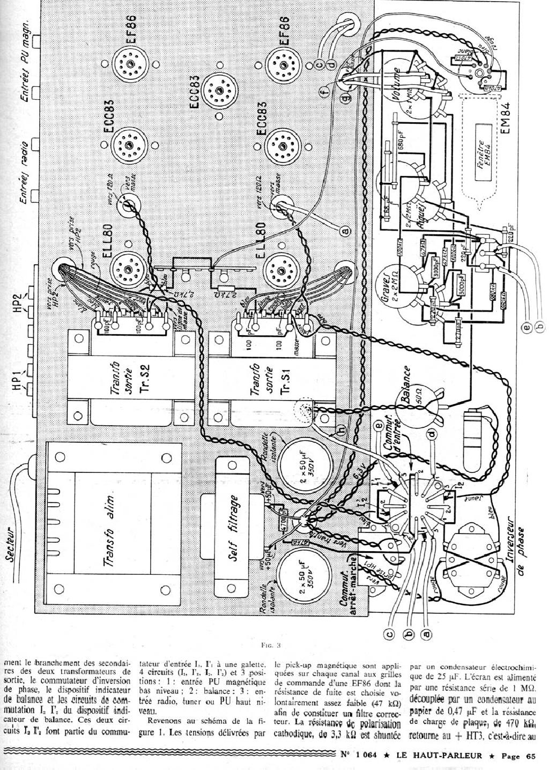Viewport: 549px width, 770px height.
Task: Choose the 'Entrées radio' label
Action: point(25,166)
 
